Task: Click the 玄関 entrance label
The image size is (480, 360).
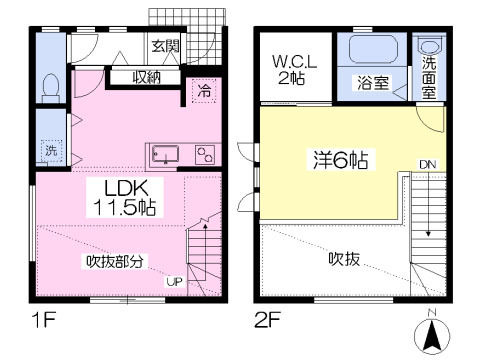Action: (165, 46)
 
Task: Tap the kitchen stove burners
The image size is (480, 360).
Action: (205, 155)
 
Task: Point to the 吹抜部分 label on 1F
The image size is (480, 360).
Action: (114, 262)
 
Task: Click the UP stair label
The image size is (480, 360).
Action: (174, 283)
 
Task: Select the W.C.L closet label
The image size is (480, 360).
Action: (293, 62)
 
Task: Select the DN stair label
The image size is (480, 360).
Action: (427, 165)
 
